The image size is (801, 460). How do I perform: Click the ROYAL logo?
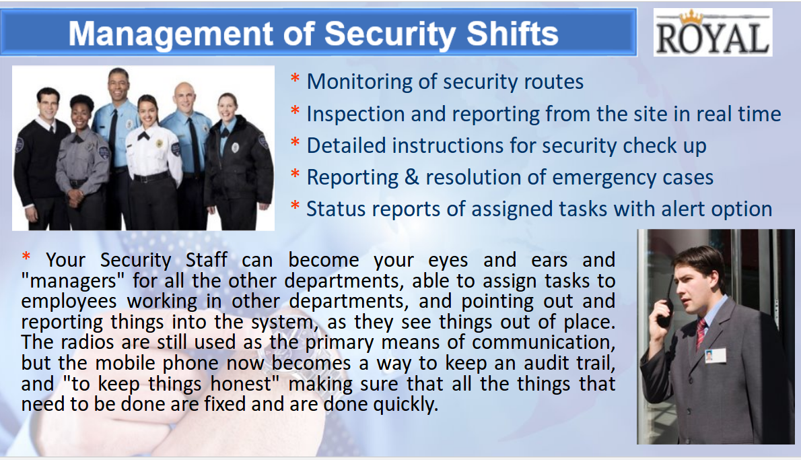[x=713, y=32]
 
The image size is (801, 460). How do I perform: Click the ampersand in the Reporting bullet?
[x=412, y=177]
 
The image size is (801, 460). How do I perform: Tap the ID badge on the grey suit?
[x=715, y=356]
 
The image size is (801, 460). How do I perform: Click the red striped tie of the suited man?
[x=701, y=332]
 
